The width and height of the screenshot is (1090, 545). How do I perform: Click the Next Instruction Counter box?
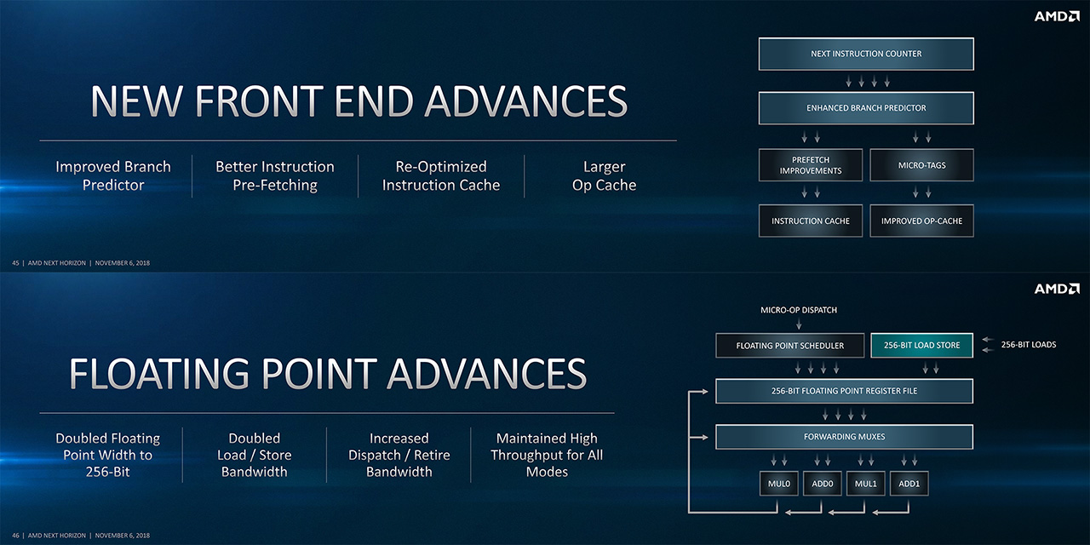pyautogui.click(x=866, y=54)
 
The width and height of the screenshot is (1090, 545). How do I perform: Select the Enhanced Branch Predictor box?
pyautogui.click(x=866, y=108)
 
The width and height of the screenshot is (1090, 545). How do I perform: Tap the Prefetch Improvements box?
pyautogui.click(x=811, y=165)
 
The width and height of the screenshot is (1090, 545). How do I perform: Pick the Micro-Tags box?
pyautogui.click(x=921, y=165)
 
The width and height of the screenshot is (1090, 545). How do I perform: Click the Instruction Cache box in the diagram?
pyautogui.click(x=811, y=221)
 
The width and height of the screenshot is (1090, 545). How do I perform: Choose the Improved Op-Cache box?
pyautogui.click(x=921, y=221)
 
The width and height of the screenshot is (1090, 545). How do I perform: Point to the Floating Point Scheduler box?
pyautogui.click(x=789, y=346)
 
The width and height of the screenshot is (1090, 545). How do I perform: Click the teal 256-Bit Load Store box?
pyautogui.click(x=921, y=346)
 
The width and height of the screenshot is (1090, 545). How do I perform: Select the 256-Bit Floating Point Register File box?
pyautogui.click(x=844, y=391)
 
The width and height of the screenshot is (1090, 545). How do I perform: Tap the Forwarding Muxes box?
pyautogui.click(x=844, y=437)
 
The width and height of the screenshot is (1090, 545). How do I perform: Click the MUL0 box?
pyautogui.click(x=779, y=484)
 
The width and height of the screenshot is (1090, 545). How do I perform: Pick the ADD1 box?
pyautogui.click(x=909, y=484)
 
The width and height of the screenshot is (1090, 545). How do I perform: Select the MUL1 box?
pyautogui.click(x=866, y=484)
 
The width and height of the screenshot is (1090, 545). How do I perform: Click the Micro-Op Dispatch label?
pyautogui.click(x=799, y=310)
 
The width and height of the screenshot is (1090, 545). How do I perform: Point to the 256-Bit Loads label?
pyautogui.click(x=1029, y=345)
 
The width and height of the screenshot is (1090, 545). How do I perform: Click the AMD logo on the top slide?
pyautogui.click(x=1057, y=16)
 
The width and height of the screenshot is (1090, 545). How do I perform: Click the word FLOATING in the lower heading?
pyautogui.click(x=159, y=374)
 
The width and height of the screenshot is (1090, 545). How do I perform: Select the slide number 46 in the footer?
pyautogui.click(x=15, y=536)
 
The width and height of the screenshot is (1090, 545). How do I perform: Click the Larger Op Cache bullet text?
pyautogui.click(x=604, y=175)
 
